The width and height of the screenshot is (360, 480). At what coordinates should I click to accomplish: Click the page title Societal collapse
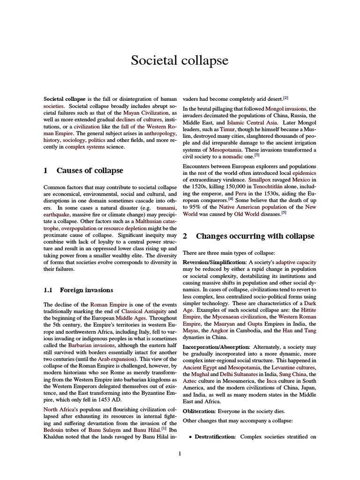(x=180, y=60)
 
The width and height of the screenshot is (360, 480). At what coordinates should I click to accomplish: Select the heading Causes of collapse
(x=90, y=170)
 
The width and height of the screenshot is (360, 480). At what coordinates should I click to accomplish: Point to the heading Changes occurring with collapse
(x=255, y=236)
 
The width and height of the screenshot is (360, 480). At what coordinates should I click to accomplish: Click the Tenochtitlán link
(x=260, y=187)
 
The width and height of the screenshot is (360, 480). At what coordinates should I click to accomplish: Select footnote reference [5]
(x=284, y=212)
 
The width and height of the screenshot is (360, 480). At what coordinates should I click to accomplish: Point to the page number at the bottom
(x=180, y=453)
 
